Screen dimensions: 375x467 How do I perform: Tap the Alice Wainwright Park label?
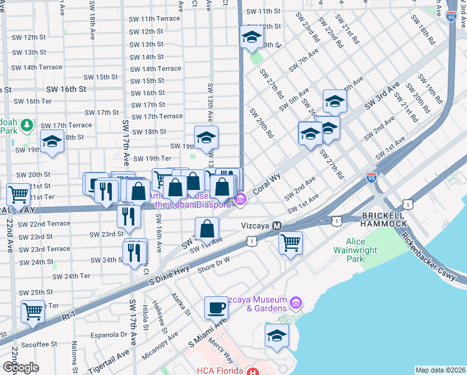click(x=363, y=250)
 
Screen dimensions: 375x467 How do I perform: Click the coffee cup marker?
click(x=217, y=307)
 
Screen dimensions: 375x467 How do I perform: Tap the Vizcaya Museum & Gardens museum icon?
click(x=297, y=304)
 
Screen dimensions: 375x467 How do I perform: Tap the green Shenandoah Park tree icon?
click(x=26, y=126)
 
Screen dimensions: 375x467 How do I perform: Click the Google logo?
click(x=21, y=367)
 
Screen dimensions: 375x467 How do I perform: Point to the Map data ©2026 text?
click(x=440, y=370)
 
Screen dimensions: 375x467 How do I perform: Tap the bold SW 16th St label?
click(x=64, y=89)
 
